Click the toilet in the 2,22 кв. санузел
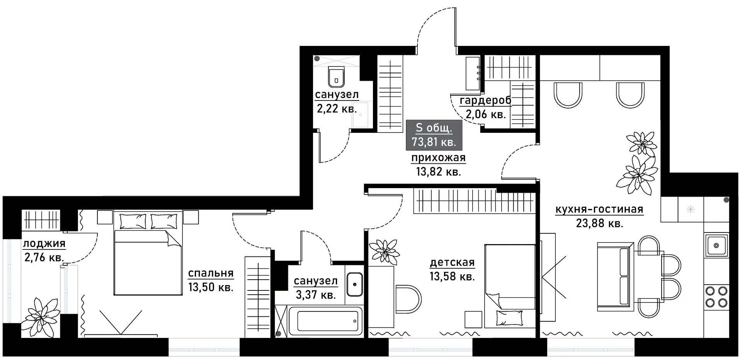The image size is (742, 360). pyautogui.click(x=336, y=76)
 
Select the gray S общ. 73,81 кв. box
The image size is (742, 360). pyautogui.click(x=434, y=135)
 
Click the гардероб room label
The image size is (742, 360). pyautogui.click(x=485, y=100)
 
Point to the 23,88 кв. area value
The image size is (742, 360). pyautogui.click(x=599, y=223)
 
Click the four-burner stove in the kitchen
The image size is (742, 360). pyautogui.click(x=716, y=297)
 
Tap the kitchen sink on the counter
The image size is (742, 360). pyautogui.click(x=716, y=245)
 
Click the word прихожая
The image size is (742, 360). pyautogui.click(x=438, y=158)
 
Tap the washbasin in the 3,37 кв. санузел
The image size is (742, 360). pyautogui.click(x=354, y=284)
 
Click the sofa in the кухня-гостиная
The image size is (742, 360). pyautogui.click(x=615, y=276)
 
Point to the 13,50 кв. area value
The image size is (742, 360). pyautogui.click(x=211, y=287)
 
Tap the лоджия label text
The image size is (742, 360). pyautogui.click(x=44, y=244)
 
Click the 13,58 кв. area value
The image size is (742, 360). pyautogui.click(x=452, y=277)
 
